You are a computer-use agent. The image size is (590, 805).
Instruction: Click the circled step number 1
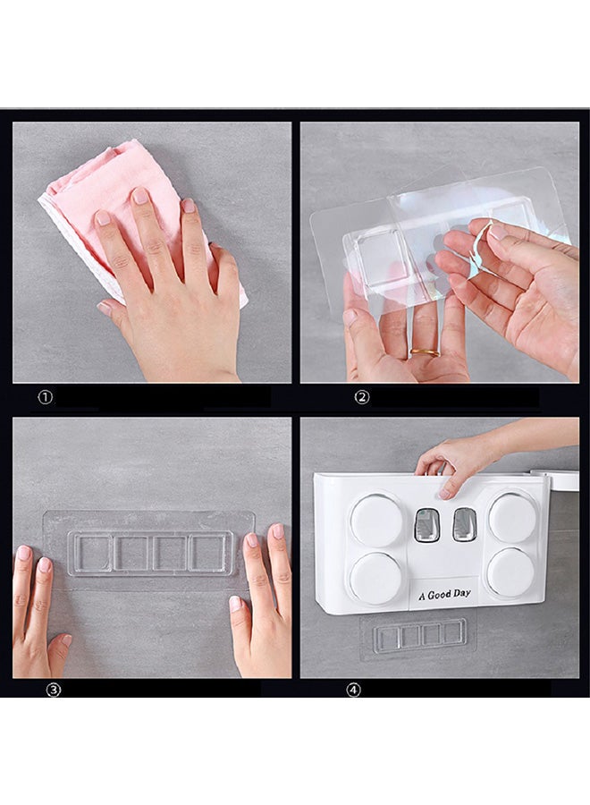coord(46,397)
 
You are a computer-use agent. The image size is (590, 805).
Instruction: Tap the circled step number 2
coord(362,397)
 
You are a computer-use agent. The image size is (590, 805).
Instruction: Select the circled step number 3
coord(54,690)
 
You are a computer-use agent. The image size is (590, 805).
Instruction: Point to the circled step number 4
coord(353,690)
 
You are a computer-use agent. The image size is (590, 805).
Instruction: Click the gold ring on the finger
coord(426,353)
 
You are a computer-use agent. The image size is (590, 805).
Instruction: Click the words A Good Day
coord(444,595)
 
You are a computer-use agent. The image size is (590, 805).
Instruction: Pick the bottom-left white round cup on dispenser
coord(376,578)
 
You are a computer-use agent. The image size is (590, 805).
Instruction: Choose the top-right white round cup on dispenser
coord(511,519)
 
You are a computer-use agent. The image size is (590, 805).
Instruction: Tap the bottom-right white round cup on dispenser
coord(511,573)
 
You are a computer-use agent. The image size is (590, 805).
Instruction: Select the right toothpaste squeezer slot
coord(464,524)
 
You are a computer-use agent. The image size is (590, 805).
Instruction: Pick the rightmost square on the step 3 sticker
coord(207,553)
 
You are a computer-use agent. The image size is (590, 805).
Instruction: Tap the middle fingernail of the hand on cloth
coord(139,196)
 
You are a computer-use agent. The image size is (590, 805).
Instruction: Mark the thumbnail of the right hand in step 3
coord(235,604)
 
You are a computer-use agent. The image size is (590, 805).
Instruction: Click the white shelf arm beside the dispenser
coord(556,480)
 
